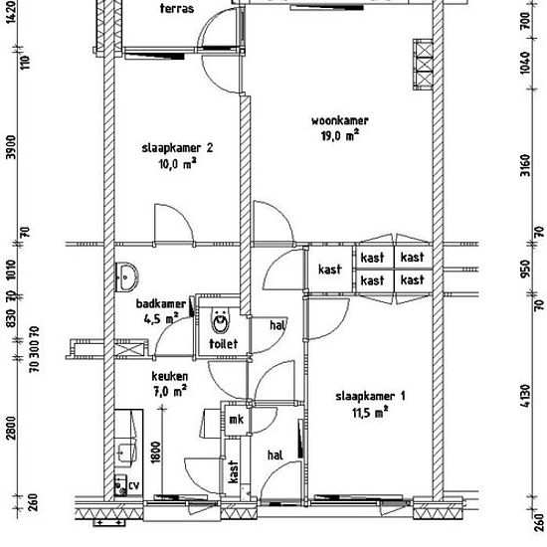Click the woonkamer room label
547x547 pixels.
(340, 120)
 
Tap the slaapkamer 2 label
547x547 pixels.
(177, 148)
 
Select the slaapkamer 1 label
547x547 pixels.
(370, 396)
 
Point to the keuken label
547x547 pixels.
(169, 376)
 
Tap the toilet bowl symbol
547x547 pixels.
(221, 322)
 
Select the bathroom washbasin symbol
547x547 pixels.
(126, 277)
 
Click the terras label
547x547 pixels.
(177, 8)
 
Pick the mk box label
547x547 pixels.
(236, 419)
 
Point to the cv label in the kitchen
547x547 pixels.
(134, 485)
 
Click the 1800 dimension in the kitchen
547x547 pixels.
(156, 453)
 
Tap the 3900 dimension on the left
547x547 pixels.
(11, 147)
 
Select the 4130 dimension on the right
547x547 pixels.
(526, 396)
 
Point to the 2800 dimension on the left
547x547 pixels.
(11, 428)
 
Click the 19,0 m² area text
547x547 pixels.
(340, 135)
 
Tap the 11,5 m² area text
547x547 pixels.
(370, 413)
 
